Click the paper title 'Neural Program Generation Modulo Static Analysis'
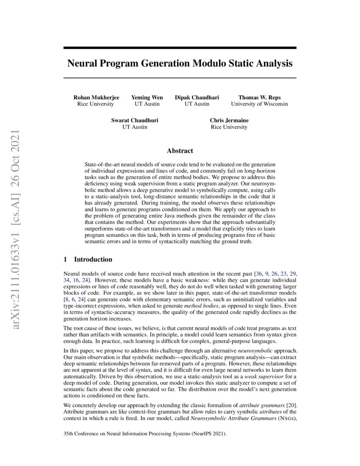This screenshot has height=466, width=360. [180, 64]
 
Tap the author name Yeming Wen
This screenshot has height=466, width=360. [147, 97]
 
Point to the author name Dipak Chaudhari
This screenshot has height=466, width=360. [197, 97]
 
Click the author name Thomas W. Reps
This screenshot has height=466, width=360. [259, 97]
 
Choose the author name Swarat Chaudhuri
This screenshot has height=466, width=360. [135, 120]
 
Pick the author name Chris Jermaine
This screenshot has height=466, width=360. [229, 120]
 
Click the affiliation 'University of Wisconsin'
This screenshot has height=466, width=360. [259, 104]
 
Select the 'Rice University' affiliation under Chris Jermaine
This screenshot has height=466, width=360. [229, 127]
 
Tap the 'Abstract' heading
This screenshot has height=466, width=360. [180, 151]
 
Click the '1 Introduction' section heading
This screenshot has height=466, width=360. [88, 259]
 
